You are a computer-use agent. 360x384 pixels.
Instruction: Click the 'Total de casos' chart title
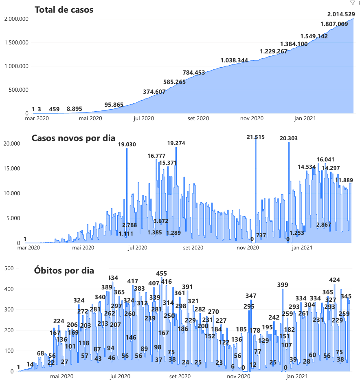tap(64, 10)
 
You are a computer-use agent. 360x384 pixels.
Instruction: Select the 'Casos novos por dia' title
tap(73, 138)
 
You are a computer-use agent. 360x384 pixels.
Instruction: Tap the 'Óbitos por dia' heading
tap(64, 271)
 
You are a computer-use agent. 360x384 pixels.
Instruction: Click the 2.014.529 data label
tap(341, 15)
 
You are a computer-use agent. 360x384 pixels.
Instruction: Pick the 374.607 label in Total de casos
tap(154, 92)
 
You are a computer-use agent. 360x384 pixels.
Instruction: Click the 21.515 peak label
tap(256, 137)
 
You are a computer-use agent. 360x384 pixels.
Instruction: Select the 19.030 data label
tap(127, 144)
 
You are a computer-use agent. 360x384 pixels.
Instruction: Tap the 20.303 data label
tap(289, 138)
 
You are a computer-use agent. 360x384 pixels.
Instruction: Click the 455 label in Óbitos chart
tap(162, 274)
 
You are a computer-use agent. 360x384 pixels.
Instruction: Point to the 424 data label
tap(334, 280)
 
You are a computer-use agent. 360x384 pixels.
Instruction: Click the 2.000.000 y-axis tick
tap(15, 19)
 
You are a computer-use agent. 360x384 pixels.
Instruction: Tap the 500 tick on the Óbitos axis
tap(9, 268)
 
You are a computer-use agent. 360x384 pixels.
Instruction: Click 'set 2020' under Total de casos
tap(198, 119)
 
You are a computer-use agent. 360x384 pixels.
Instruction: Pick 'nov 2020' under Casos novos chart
tap(248, 247)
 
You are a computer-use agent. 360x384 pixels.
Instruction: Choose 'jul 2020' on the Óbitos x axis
tap(120, 377)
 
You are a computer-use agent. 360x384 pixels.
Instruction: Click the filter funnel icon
tap(352, 3)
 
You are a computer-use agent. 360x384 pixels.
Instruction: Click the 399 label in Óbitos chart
tap(283, 285)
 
